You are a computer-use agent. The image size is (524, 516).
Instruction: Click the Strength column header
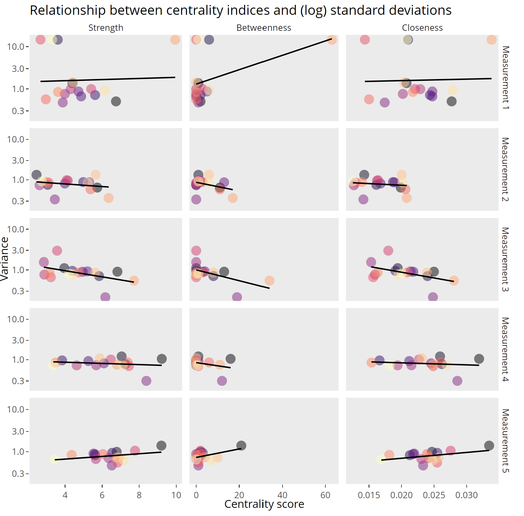click(106, 28)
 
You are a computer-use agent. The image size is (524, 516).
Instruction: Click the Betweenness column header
click(264, 28)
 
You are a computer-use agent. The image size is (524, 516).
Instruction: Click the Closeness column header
click(422, 28)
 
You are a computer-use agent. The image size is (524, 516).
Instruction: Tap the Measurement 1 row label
click(505, 78)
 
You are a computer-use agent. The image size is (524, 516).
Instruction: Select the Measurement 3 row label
click(505, 259)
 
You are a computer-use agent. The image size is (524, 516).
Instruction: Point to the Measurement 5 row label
click(505, 441)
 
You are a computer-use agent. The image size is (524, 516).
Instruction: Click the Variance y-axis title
click(4, 259)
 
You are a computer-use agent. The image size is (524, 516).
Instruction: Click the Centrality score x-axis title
click(264, 504)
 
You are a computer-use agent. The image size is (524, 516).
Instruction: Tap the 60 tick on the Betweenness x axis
click(325, 495)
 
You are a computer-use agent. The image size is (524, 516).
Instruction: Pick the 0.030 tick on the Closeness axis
click(466, 495)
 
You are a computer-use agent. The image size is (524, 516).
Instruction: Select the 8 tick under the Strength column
click(139, 495)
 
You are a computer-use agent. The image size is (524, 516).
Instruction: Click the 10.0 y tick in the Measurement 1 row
click(16, 47)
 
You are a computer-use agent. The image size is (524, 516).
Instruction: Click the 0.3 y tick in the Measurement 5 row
click(18, 474)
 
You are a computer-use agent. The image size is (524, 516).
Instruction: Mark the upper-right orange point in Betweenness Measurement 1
click(332, 40)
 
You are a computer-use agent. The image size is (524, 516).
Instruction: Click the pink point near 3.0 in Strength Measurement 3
click(57, 250)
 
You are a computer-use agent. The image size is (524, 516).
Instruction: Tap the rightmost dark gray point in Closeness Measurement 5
click(489, 445)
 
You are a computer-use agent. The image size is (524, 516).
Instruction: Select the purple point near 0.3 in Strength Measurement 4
click(146, 381)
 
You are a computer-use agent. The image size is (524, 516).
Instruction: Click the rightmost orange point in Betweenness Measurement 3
click(269, 281)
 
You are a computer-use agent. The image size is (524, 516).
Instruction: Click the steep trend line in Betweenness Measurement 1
click(264, 61)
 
